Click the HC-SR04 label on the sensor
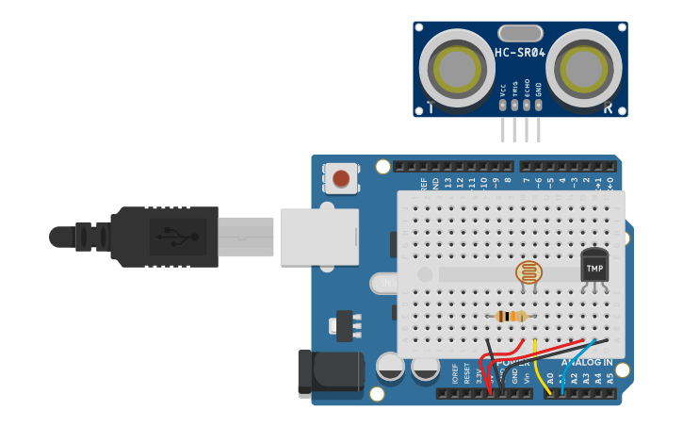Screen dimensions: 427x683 [519, 53]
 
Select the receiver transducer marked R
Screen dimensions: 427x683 [583, 67]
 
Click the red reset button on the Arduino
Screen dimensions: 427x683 [341, 177]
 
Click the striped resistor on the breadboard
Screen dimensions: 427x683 [511, 317]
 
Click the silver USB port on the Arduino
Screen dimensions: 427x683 [319, 236]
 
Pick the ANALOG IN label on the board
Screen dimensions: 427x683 [586, 362]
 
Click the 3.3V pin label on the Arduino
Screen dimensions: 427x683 [479, 379]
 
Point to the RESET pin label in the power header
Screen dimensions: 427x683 [466, 377]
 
